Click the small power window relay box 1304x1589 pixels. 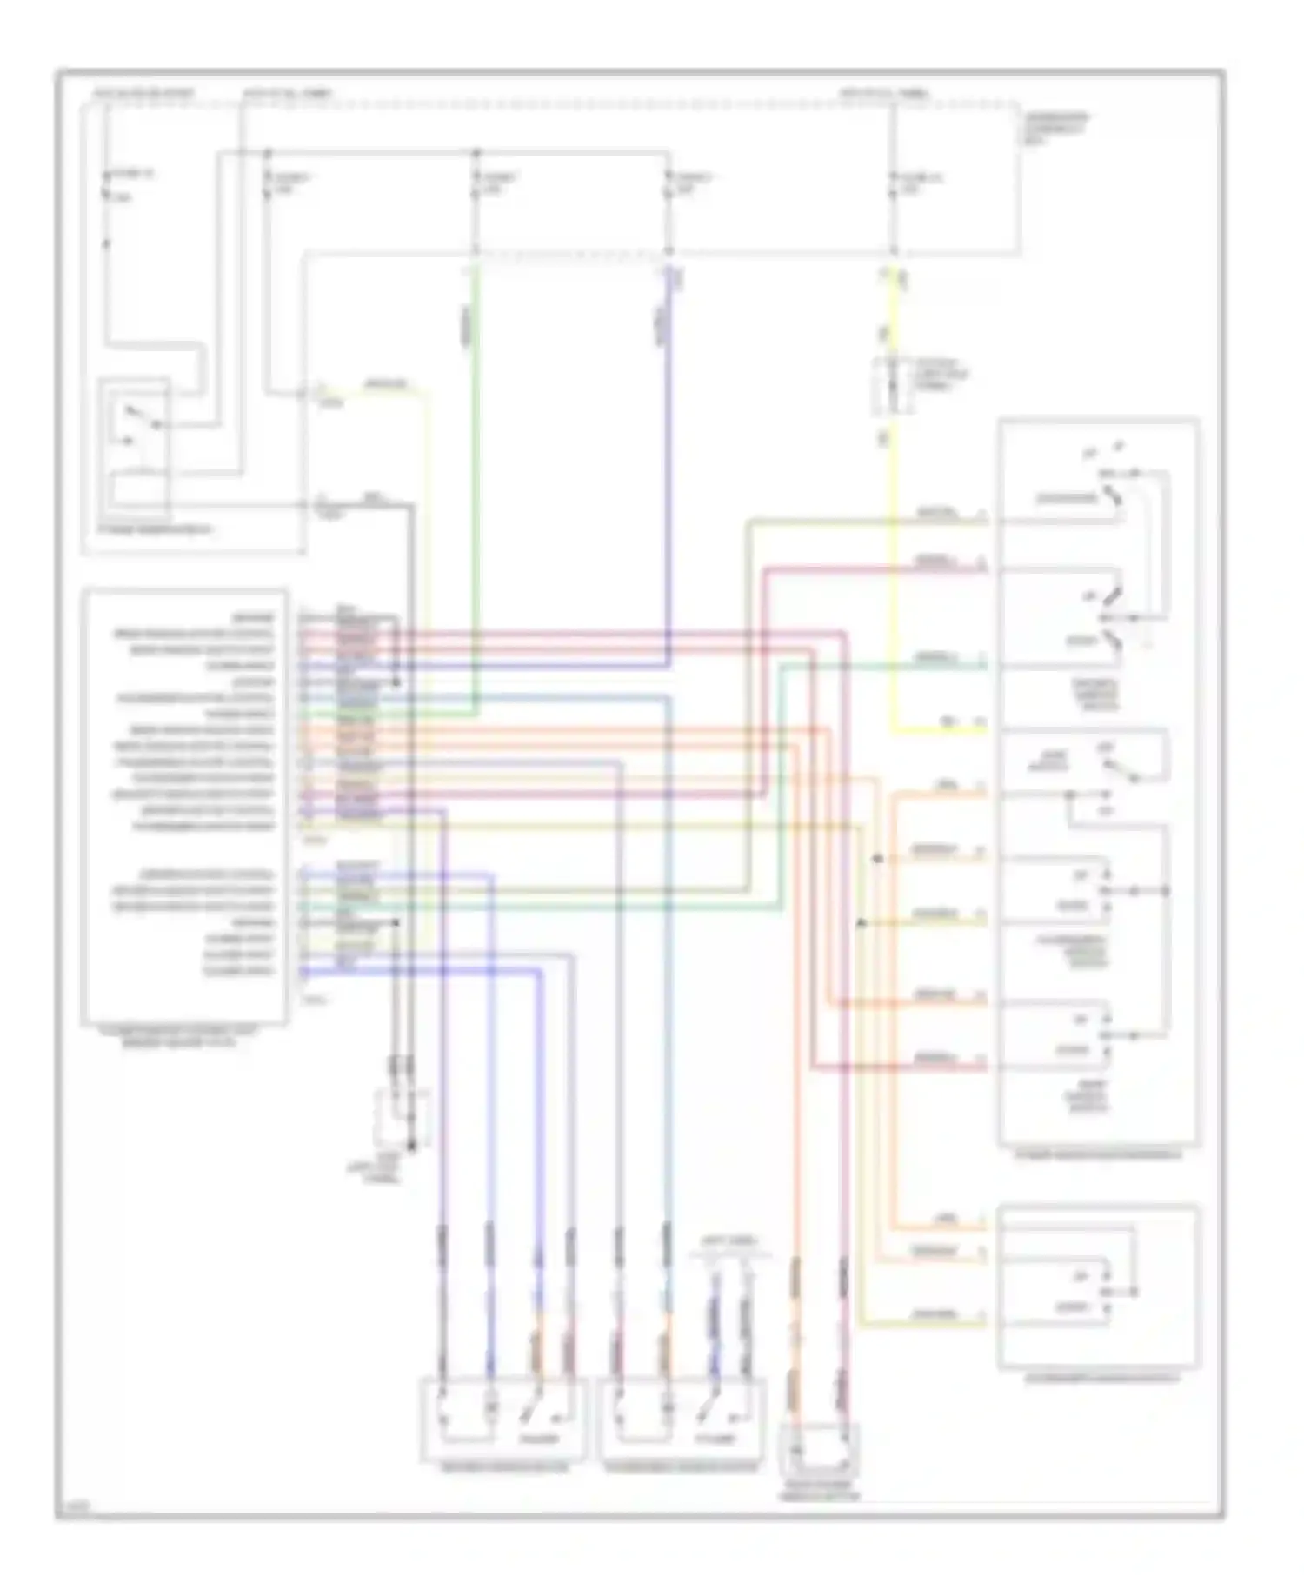(135, 448)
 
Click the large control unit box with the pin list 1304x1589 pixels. (184, 804)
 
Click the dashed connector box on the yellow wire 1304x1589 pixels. (891, 384)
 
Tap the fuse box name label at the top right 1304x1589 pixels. (1054, 123)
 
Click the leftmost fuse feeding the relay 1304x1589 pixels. (107, 187)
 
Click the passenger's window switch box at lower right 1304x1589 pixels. (1099, 1286)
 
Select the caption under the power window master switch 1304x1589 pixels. (1099, 1155)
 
